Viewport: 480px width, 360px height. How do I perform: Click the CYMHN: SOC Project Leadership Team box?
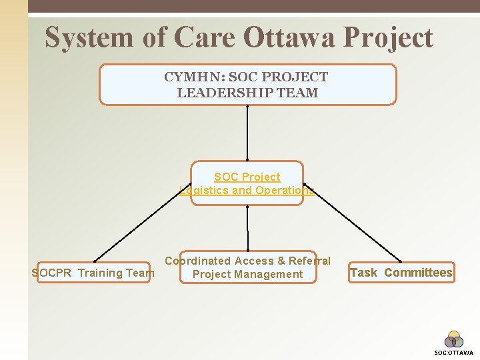pos(247,85)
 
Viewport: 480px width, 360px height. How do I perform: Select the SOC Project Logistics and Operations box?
pos(247,183)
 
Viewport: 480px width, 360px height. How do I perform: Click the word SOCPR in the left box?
pos(53,272)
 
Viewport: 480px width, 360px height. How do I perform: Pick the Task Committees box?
pos(401,272)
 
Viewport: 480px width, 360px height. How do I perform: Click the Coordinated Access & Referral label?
pos(247,261)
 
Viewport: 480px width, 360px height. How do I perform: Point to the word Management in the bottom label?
pos(273,275)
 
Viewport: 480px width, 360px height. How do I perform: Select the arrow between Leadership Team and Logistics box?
pos(247,133)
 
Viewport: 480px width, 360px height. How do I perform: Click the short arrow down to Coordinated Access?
pos(247,228)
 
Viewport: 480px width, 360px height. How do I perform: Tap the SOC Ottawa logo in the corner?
pos(454,341)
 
